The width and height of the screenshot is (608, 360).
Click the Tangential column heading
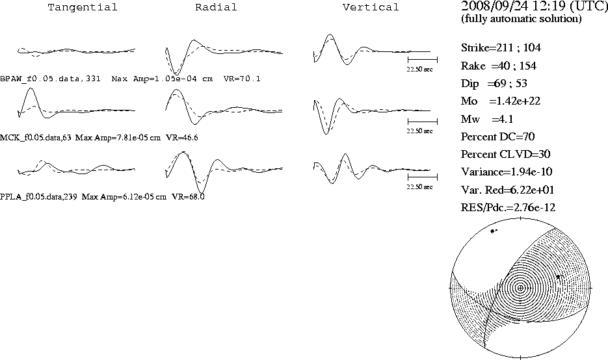pos(82,7)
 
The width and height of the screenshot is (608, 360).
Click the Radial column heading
pos(216,7)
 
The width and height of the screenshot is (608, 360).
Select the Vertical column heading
pos(371,7)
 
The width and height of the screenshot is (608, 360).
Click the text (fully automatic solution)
pos(521,19)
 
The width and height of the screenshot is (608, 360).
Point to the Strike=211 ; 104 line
pos(501,47)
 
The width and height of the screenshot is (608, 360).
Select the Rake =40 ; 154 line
pos(498,66)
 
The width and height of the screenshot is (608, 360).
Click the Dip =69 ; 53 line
pos(494,84)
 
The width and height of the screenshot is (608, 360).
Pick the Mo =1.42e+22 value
pos(501,101)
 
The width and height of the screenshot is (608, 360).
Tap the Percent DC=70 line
pos(498,137)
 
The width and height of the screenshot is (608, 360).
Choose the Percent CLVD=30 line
pos(506,154)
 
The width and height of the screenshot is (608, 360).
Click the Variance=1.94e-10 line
pos(507,172)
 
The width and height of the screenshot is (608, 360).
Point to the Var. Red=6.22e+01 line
pos(508,190)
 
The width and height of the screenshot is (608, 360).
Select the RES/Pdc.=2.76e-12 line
pos(508,208)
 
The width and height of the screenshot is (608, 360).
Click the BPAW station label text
pos(51,79)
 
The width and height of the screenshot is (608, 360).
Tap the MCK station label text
pos(36,138)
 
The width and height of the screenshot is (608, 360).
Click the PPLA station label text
pos(38,197)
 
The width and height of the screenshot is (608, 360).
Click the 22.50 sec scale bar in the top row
pos(422,60)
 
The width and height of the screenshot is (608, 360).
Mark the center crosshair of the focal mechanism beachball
pos(520,288)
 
